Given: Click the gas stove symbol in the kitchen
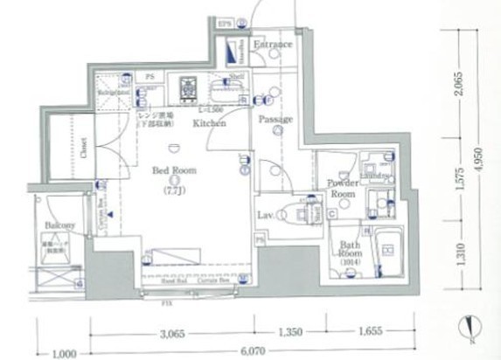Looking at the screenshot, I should pyautogui.click(x=188, y=87).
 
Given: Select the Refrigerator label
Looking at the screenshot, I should pyautogui.click(x=115, y=91).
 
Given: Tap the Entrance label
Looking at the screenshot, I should pyautogui.click(x=272, y=44).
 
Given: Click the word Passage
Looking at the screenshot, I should pyautogui.click(x=275, y=119).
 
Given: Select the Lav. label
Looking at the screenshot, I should pyautogui.click(x=268, y=214).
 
